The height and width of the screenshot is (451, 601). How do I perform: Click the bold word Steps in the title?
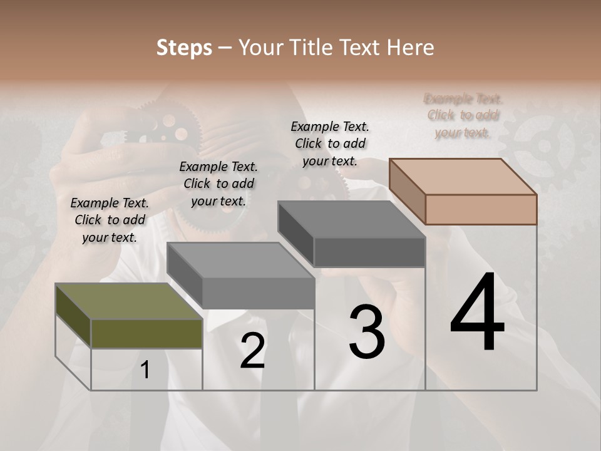point(184,48)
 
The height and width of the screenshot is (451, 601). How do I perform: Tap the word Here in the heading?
point(410,48)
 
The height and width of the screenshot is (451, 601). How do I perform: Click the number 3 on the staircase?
point(367,332)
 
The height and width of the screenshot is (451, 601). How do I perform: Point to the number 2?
point(252,351)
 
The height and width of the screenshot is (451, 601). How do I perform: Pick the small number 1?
point(145,370)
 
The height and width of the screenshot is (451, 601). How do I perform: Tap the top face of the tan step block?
point(463,176)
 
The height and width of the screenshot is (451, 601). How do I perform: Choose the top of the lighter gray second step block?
point(241,260)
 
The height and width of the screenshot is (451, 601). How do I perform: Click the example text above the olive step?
point(110,220)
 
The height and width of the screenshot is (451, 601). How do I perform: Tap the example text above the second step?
point(218,184)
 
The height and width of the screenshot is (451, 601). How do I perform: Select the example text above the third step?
point(330,143)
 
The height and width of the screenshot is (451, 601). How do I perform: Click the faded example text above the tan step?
point(463,115)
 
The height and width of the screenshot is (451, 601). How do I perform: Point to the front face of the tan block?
point(481,209)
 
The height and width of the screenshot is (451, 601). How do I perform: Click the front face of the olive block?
point(146,333)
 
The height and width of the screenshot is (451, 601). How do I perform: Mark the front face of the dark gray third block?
point(369,252)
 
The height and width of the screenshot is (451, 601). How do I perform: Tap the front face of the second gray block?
point(258,293)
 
